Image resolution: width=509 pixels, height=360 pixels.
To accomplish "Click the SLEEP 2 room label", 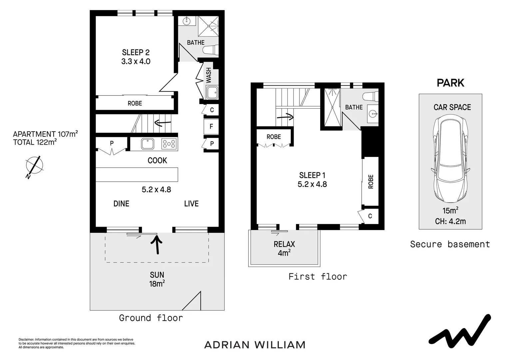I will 136,52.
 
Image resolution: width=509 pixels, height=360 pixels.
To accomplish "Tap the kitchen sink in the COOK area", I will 147,144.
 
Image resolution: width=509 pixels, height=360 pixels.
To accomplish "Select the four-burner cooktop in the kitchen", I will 169,144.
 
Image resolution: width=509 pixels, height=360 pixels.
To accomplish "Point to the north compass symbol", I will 34,165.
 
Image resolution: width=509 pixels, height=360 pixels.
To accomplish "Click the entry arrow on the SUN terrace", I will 157,245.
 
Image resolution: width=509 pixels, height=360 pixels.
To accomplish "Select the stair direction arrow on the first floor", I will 285,117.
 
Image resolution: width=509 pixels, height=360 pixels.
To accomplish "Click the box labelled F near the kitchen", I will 211,126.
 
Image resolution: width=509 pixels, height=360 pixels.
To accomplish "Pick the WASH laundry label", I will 209,75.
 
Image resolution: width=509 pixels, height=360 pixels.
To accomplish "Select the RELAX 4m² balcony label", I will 284,248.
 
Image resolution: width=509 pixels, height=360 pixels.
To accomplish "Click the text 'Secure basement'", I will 450,244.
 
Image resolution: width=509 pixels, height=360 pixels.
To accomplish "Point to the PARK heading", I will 450,83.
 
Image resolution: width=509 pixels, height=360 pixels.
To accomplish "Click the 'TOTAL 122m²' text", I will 35,142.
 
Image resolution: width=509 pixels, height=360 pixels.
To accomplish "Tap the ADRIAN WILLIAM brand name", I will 254,345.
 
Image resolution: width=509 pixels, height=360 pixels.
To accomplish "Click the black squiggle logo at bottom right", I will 459,330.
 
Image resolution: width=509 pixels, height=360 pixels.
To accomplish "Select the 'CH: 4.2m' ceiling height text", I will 450,221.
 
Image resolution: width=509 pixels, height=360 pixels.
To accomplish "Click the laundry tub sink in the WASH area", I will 212,92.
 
